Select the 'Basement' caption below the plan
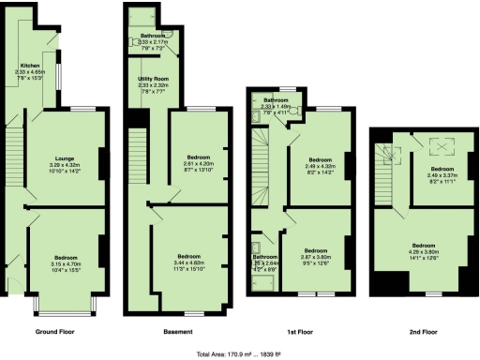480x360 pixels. pyautogui.click(x=178, y=332)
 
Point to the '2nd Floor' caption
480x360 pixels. pyautogui.click(x=423, y=332)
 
